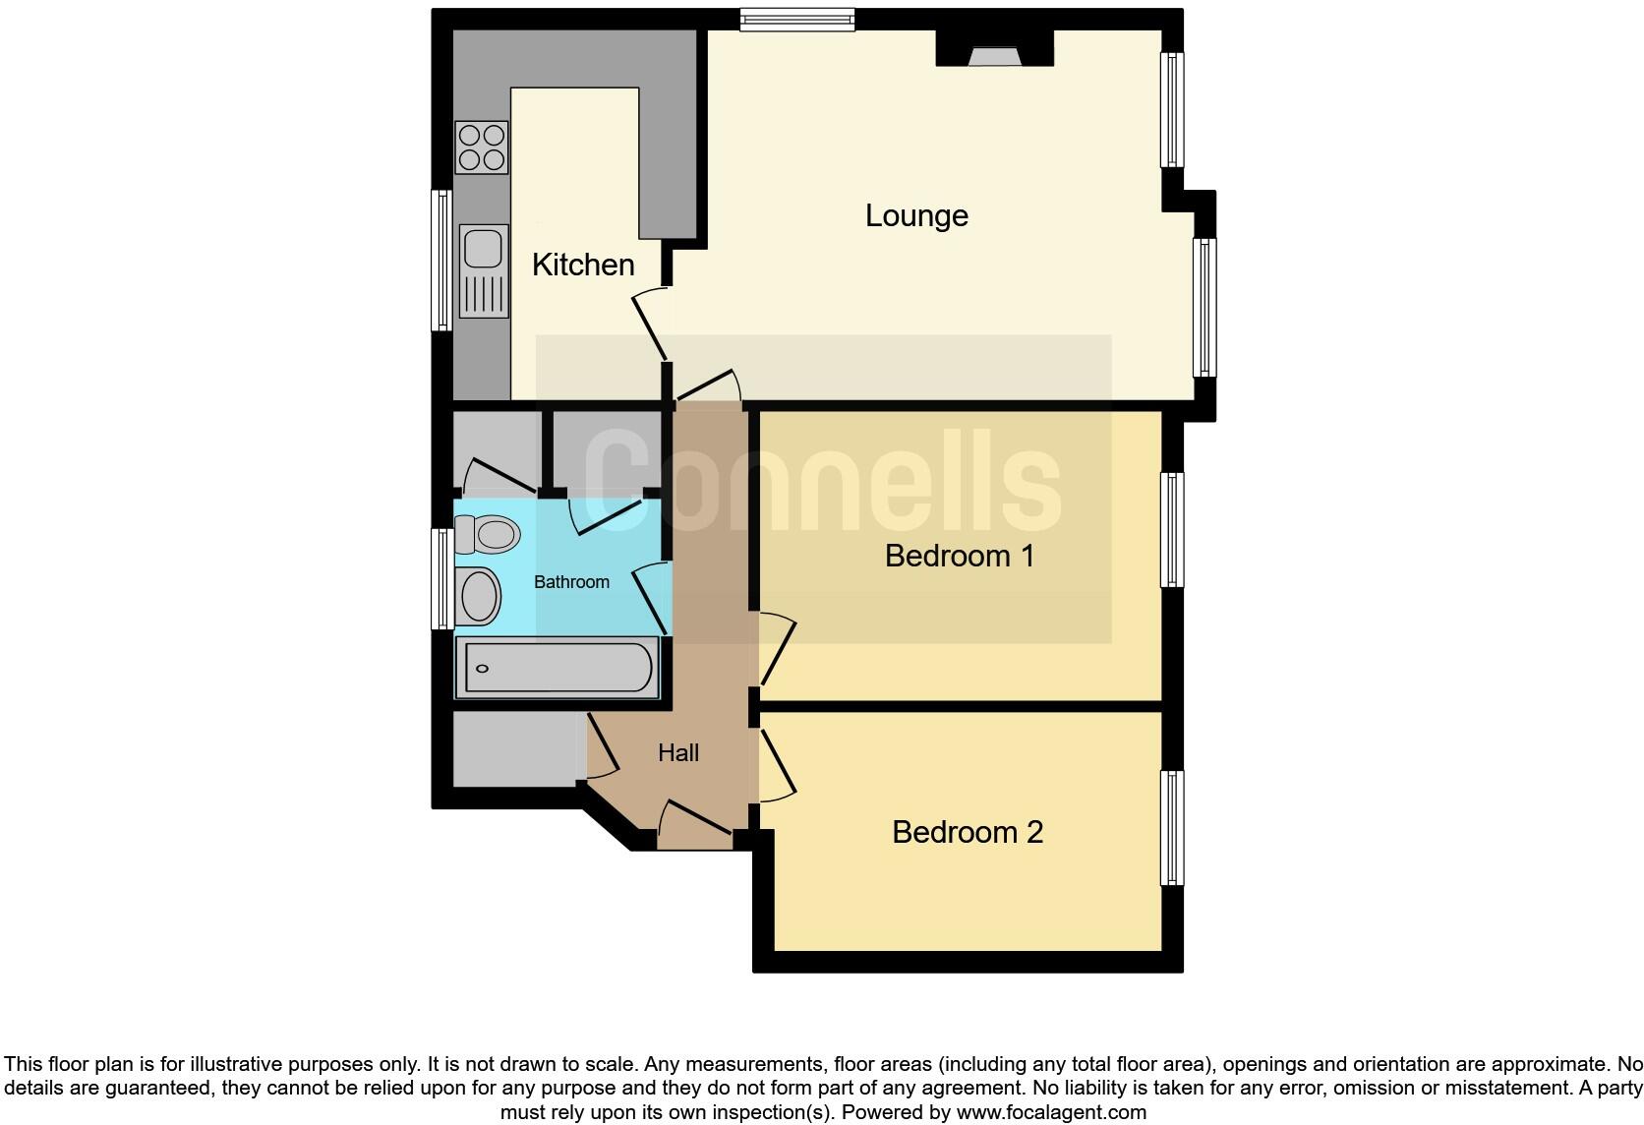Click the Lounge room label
point(916,215)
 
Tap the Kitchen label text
point(583,265)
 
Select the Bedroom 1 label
point(959,556)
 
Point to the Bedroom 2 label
point(967,832)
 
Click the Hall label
point(678,753)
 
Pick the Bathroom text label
point(571,582)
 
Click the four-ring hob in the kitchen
point(482,148)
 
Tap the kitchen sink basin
point(483,248)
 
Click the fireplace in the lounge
point(994,55)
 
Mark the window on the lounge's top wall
point(797,19)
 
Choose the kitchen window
point(441,260)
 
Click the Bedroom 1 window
point(1172,529)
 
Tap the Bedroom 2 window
point(1172,828)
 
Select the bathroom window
point(442,579)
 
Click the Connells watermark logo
point(824,482)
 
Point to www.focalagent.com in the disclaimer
point(1051,1112)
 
